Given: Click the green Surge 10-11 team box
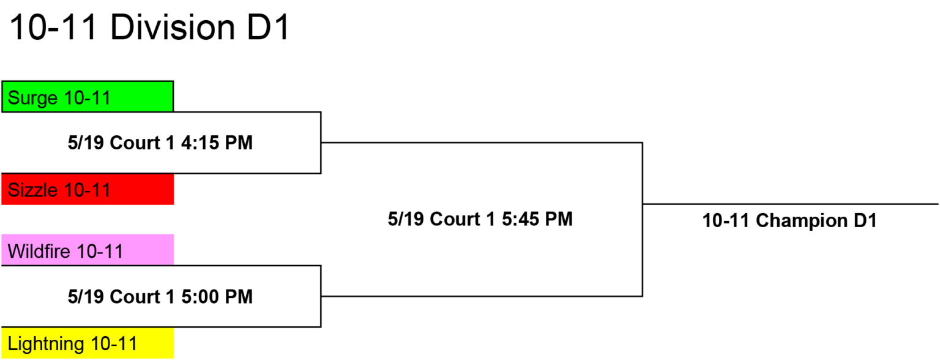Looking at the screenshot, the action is coord(88,97).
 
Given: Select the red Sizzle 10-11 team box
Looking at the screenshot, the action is coord(88,189).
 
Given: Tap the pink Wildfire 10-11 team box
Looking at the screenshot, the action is coord(88,250).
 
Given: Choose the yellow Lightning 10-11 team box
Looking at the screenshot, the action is coord(88,343).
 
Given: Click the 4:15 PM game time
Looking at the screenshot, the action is coord(217,143).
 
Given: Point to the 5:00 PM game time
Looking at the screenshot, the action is coord(217,297).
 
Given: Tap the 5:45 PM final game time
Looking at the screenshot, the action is coord(537,219).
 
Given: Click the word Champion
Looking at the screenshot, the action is coord(802,221).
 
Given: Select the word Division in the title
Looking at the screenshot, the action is coord(172,28).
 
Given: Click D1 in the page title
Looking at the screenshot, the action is coord(268,28).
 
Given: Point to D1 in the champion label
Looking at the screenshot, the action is coord(865,220).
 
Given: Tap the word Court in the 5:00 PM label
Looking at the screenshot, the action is coord(135,297).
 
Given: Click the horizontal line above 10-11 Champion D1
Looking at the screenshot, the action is coord(791,204).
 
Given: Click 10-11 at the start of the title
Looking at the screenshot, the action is coord(53,28).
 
